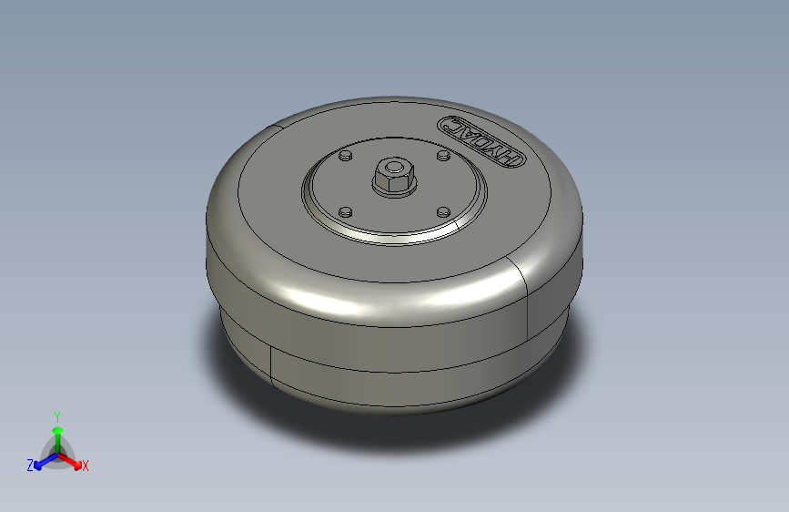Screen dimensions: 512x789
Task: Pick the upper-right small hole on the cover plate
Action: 442,157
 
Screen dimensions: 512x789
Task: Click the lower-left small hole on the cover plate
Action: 344,212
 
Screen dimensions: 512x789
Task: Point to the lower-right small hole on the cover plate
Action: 443,211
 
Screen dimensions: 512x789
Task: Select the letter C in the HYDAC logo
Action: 451,125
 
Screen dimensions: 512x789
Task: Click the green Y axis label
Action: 56,415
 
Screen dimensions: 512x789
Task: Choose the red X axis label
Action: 86,466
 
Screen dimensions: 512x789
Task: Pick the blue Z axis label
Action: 30,466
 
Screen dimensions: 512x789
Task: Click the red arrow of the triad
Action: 73,459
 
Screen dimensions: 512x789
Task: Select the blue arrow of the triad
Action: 42,459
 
